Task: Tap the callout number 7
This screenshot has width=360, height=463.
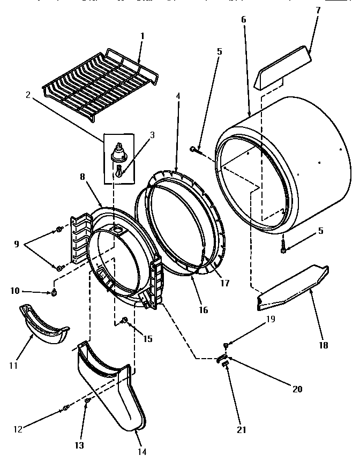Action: pyautogui.click(x=317, y=11)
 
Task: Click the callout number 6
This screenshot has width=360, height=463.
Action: pyautogui.click(x=244, y=20)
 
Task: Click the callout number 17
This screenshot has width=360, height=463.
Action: pyautogui.click(x=225, y=283)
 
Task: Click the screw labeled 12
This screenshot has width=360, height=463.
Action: pyautogui.click(x=66, y=408)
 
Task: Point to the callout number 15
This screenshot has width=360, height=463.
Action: pyautogui.click(x=147, y=338)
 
